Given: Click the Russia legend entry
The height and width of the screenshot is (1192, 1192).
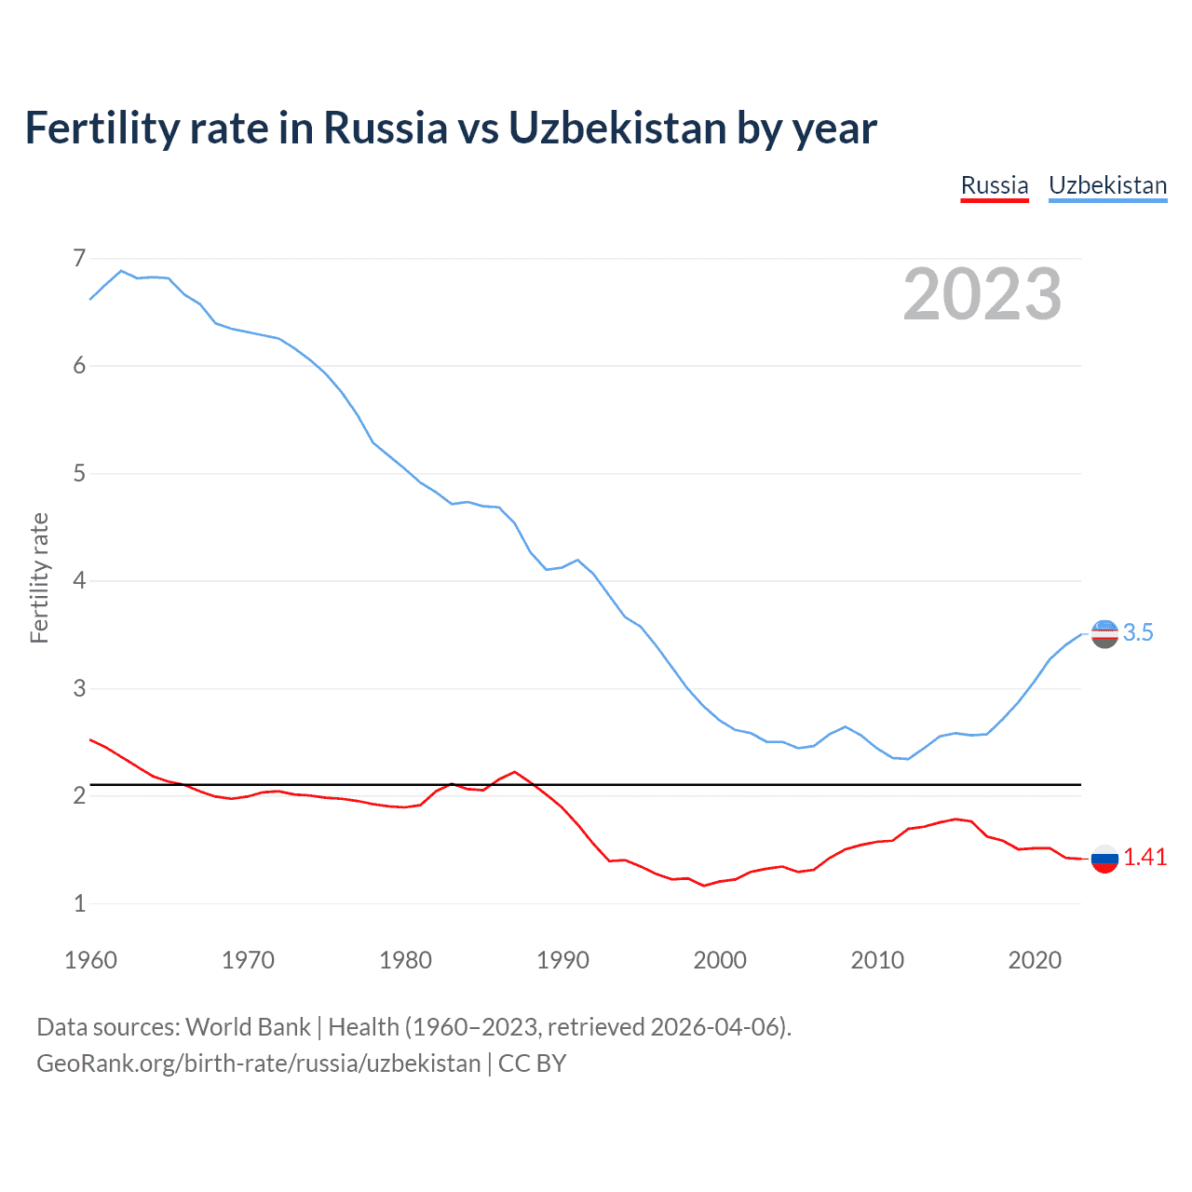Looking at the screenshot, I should tap(995, 185).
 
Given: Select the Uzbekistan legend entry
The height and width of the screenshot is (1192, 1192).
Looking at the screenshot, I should tap(1107, 185).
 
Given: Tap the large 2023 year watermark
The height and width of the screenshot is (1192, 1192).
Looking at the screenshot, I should tap(982, 294).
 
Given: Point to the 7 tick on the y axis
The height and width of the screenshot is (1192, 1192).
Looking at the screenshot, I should tap(79, 258).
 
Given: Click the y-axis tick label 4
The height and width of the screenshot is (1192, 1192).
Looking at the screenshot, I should tap(79, 581).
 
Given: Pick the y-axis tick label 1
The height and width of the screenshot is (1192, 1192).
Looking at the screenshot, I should tap(79, 903).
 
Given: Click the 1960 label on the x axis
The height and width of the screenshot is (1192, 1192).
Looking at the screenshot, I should tap(90, 960).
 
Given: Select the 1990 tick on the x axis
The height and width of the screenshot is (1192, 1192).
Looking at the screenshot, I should tap(562, 960).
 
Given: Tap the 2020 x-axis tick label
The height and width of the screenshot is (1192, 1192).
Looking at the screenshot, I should tap(1035, 960).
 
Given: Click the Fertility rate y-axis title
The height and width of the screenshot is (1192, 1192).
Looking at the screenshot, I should tap(39, 577).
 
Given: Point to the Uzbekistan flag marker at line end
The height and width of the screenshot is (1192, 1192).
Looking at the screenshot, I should tap(1104, 633).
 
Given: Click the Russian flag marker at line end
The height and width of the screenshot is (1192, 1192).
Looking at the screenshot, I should tap(1104, 859).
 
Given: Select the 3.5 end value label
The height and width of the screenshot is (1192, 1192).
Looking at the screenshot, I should tap(1138, 633).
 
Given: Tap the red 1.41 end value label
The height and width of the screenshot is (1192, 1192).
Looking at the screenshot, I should tap(1145, 858).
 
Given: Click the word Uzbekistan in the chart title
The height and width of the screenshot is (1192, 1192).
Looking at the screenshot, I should tap(616, 129).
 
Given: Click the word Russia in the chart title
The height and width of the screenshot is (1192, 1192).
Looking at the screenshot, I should tap(385, 129).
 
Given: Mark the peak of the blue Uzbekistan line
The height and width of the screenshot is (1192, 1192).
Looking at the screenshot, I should tap(121, 271).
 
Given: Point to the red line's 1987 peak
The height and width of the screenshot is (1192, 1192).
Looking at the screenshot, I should tap(515, 771).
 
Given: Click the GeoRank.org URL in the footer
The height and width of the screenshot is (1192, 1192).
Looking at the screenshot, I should tap(259, 1063).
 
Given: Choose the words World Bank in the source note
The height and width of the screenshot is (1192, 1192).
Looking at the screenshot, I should tap(248, 1027).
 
